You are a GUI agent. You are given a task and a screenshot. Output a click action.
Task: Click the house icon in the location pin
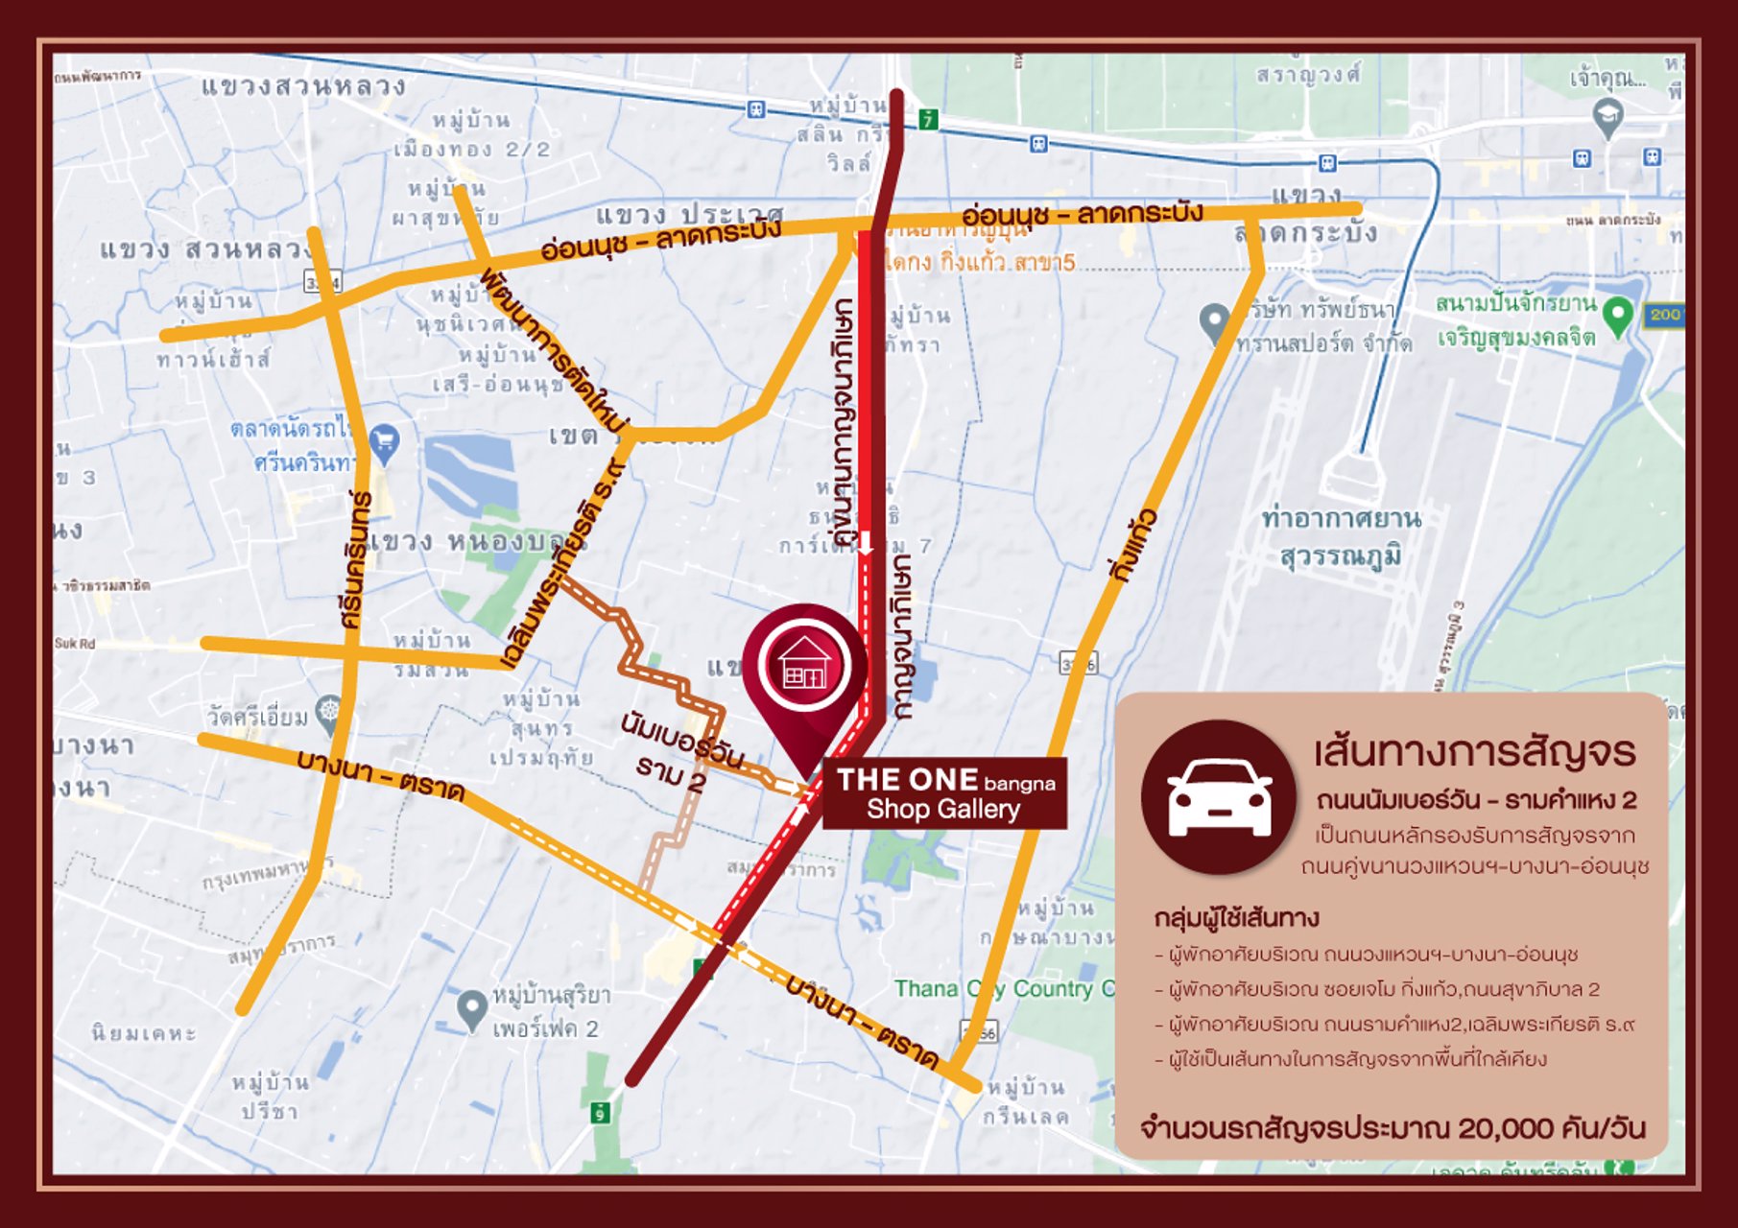(x=803, y=664)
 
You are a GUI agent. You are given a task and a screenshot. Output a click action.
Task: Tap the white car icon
(x=1219, y=797)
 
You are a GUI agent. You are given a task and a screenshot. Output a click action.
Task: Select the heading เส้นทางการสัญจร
(x=1475, y=751)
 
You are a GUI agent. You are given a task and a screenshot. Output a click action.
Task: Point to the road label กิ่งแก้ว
(x=1133, y=547)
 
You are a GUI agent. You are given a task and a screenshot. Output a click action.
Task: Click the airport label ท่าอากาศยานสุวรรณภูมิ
(x=1341, y=537)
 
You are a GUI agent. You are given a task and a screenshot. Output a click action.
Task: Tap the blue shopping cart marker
(x=384, y=441)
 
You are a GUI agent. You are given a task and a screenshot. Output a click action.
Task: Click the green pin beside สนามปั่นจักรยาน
(x=1618, y=315)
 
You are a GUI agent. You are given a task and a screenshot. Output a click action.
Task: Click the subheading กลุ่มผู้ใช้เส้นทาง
(x=1236, y=918)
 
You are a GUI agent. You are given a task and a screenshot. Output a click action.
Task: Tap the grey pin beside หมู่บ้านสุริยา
(x=471, y=1008)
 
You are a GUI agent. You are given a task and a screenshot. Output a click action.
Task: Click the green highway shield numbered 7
(x=927, y=120)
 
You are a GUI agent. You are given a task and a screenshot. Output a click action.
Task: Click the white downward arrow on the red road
(x=866, y=543)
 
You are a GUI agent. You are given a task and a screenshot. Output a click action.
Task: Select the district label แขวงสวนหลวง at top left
(x=303, y=86)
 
